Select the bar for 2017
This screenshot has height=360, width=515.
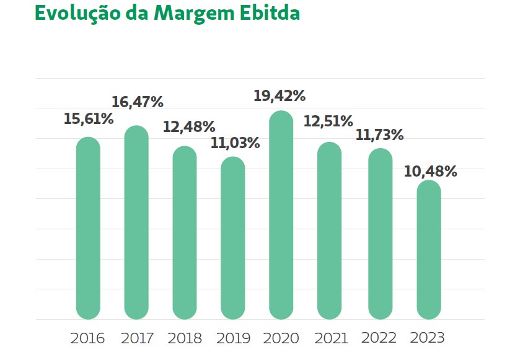coord(136,222)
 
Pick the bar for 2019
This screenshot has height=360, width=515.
coord(233,238)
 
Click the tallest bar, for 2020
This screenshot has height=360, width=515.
coord(281,215)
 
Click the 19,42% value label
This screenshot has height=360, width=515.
coord(280,96)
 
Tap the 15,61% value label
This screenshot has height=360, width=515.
coord(89,119)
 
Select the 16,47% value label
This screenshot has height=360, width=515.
coord(138,102)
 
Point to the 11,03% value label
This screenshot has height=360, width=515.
coord(235,143)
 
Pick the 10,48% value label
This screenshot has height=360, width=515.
coord(431,171)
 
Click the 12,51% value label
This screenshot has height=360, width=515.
coord(328,121)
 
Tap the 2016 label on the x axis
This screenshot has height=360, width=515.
coord(88,338)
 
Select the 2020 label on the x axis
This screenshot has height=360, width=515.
coord(281,338)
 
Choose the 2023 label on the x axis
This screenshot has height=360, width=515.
coord(428,338)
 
